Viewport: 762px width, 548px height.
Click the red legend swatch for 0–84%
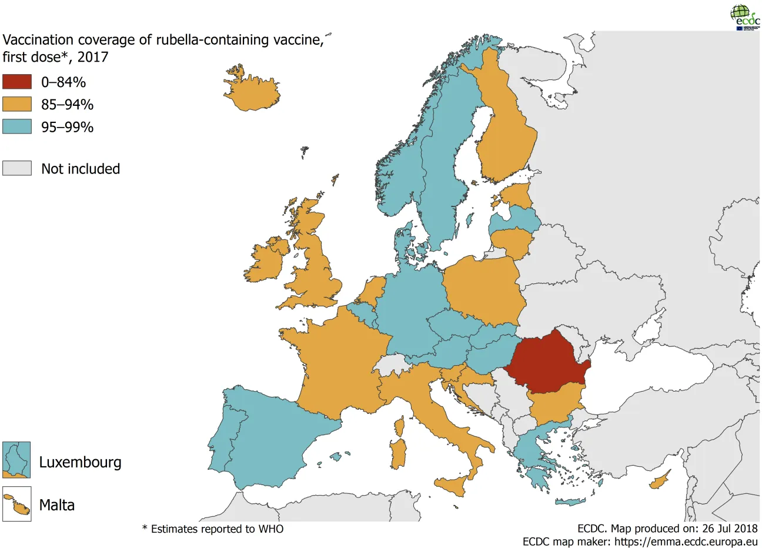coord(16,82)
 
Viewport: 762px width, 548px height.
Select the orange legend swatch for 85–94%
coord(16,104)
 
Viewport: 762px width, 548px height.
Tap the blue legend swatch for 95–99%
coord(16,126)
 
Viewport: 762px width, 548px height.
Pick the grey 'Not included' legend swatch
coord(16,168)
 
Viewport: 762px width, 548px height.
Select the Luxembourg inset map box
coord(16,460)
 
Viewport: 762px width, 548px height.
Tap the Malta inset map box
coord(16,504)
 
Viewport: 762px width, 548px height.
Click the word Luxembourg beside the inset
coord(80,462)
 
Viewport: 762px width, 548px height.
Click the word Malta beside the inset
coord(57,505)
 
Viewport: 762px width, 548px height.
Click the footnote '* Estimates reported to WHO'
coord(213,529)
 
